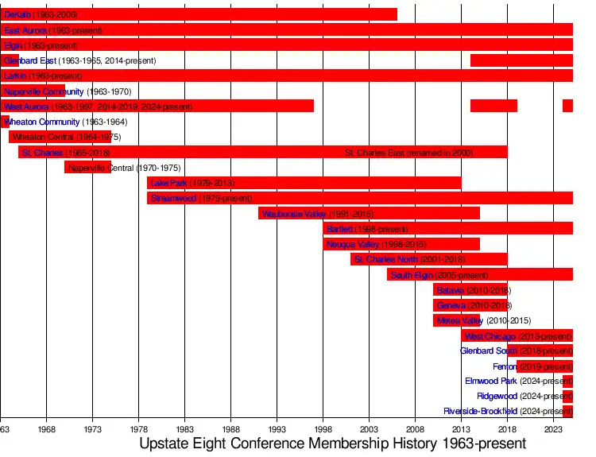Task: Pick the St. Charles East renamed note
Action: click(408, 153)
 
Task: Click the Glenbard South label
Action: click(489, 350)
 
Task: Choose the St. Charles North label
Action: click(385, 259)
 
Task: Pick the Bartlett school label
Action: click(339, 229)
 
